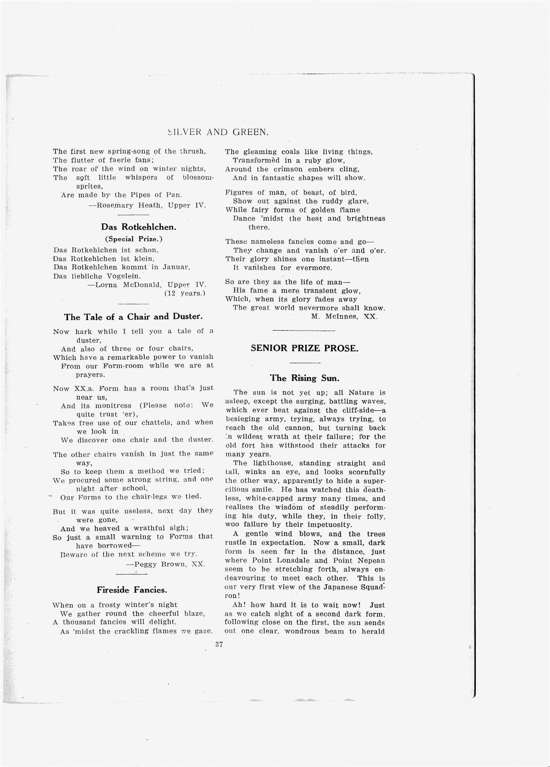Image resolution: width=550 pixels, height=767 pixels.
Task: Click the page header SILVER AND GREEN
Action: [x=218, y=132]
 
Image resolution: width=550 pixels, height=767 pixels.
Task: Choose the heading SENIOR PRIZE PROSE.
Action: [x=304, y=348]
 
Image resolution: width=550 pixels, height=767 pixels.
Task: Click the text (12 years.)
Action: [x=185, y=293]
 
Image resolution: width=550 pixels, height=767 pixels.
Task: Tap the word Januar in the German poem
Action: [x=176, y=267]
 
